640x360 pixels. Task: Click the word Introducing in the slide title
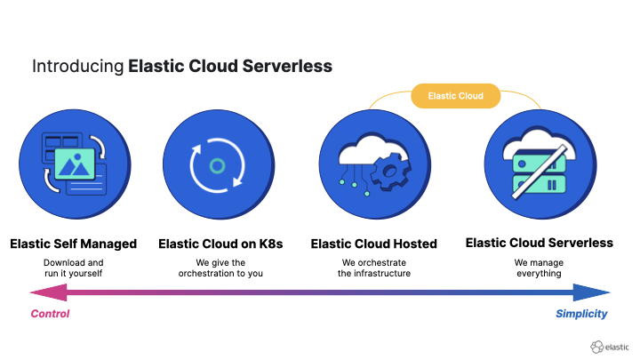tap(77, 66)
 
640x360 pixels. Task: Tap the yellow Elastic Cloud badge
tap(455, 96)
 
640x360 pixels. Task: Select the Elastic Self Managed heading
tap(74, 243)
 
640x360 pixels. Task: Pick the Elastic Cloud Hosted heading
tap(374, 243)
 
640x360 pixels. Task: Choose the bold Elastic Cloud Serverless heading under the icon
tap(539, 242)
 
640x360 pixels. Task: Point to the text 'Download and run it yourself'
tap(74, 268)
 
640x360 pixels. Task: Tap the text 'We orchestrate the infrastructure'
tap(374, 268)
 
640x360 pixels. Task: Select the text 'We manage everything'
tap(539, 268)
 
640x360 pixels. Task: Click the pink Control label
tap(50, 314)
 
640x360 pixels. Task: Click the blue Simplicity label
tap(581, 314)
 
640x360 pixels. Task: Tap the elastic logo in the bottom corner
tap(609, 346)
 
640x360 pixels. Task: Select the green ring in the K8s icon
tap(217, 165)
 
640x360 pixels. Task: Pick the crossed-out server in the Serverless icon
tap(532, 173)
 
